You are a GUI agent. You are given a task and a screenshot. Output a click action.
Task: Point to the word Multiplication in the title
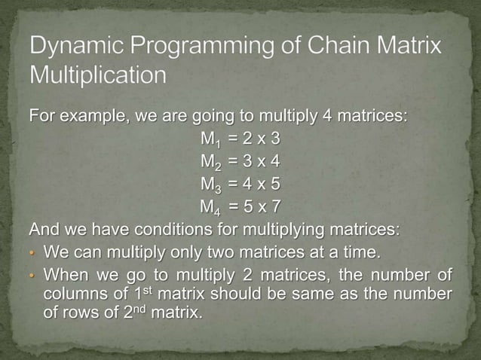click(98, 76)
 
